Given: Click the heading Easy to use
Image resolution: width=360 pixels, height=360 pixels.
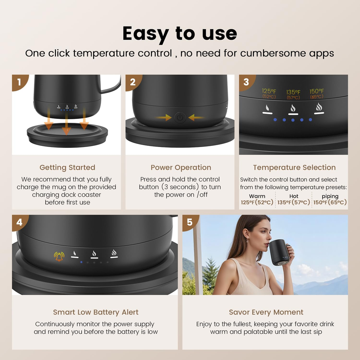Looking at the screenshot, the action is [x=180, y=34].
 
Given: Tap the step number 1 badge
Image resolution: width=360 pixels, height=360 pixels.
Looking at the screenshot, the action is [x=19, y=82].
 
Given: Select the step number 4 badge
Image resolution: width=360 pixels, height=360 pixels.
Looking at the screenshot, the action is [x=19, y=222].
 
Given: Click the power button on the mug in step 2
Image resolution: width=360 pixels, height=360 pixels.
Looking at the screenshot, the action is [x=180, y=117].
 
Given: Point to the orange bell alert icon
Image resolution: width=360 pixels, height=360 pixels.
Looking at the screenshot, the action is [x=59, y=256].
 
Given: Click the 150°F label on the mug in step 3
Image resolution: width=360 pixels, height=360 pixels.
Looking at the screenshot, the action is [x=316, y=94].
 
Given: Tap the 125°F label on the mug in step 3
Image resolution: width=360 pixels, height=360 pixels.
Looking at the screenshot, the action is [x=269, y=94].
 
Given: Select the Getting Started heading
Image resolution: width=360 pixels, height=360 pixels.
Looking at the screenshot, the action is [x=67, y=167].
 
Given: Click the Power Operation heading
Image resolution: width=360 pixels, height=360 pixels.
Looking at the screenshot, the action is [x=181, y=167].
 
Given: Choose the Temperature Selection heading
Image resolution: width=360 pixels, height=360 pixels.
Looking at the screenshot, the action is [x=294, y=167].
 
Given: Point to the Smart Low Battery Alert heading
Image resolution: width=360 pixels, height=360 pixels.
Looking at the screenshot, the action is [x=96, y=312].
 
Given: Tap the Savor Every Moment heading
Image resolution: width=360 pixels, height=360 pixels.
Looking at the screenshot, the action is [x=266, y=312].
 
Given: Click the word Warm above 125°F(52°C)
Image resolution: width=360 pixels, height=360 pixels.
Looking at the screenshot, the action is [x=257, y=196].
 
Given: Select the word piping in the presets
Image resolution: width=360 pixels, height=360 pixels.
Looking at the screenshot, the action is [x=330, y=196].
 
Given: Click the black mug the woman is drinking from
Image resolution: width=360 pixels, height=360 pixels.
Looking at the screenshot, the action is [x=279, y=252].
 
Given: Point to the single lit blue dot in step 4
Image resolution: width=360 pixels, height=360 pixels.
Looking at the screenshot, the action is [x=81, y=262].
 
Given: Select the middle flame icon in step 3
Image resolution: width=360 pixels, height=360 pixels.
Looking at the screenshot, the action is [x=293, y=109].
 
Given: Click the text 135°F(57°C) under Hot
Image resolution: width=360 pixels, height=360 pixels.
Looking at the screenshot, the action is [x=294, y=202].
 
